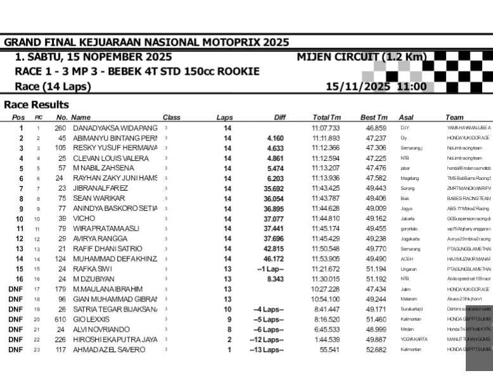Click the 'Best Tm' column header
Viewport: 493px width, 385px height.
coord(373,117)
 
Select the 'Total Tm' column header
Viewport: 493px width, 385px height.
coord(326,117)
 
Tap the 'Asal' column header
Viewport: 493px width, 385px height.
coord(406,117)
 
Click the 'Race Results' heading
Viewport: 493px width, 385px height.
coord(36,104)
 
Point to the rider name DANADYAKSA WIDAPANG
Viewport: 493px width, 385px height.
coord(115,128)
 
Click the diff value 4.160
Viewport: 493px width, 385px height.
coord(275,138)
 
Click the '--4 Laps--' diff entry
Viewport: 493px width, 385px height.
coord(269,310)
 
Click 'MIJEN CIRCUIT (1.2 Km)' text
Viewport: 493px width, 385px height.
coord(362,57)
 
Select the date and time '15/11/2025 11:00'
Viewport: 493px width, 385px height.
coord(376,87)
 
